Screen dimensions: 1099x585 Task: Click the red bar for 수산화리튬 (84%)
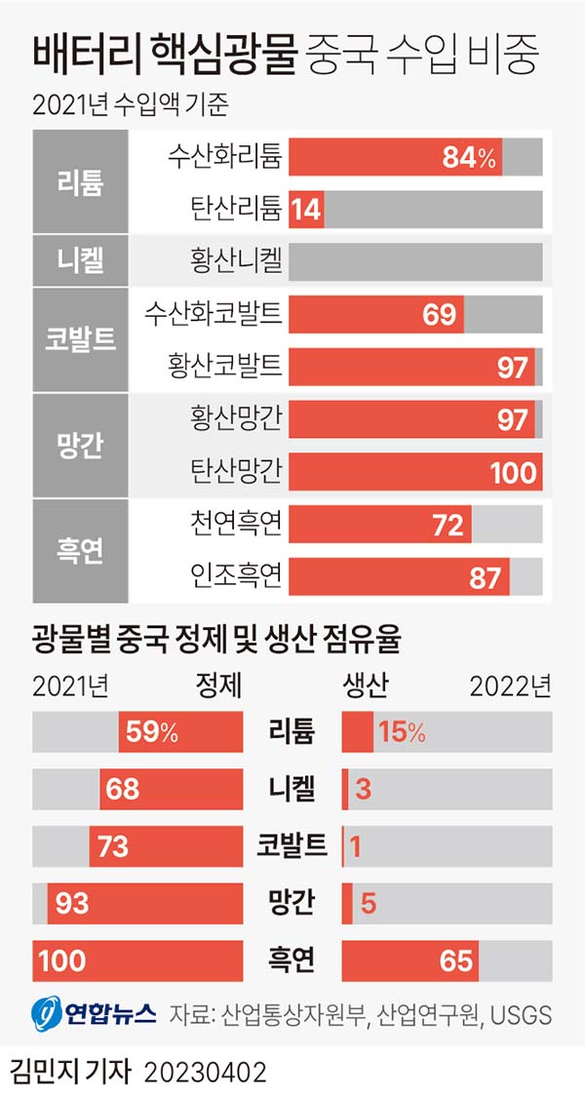[x=395, y=157]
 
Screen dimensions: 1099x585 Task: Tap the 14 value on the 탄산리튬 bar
[x=307, y=209]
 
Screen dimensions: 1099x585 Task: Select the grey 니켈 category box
[x=81, y=260]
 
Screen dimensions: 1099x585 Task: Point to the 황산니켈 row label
[x=237, y=260]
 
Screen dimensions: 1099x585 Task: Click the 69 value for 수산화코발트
[x=440, y=314]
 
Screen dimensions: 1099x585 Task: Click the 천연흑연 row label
[x=237, y=525]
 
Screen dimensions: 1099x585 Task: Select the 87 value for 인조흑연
[x=485, y=577]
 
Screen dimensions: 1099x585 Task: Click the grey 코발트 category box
[x=81, y=338]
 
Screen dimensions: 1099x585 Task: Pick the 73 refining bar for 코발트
[x=166, y=846]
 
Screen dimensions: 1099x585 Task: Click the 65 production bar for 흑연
[x=409, y=961]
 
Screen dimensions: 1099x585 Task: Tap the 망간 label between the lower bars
[x=292, y=903]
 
